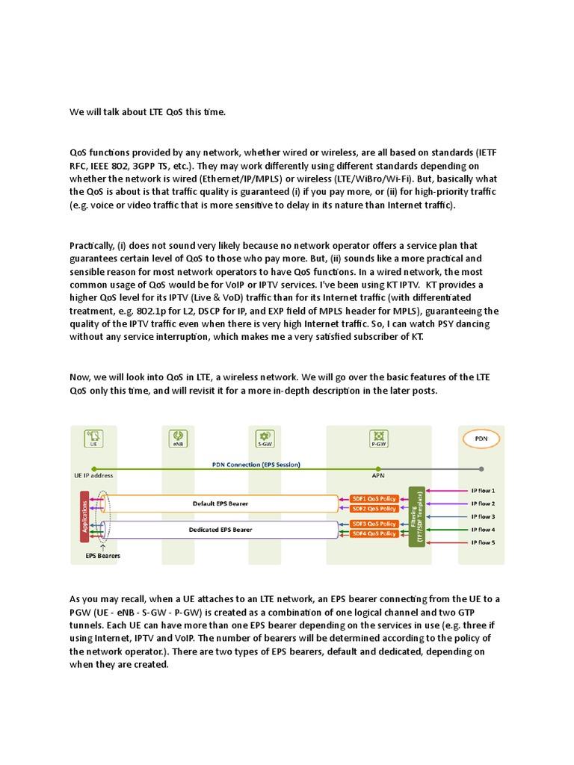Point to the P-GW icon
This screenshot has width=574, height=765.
(x=378, y=436)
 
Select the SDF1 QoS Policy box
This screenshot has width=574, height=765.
(x=374, y=498)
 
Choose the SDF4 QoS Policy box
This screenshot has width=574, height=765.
(x=374, y=533)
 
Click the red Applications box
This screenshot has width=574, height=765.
(x=84, y=515)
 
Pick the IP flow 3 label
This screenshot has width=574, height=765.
(x=482, y=516)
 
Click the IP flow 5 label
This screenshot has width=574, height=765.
(x=482, y=542)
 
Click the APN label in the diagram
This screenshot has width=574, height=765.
(x=378, y=475)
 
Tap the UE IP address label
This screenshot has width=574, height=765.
(x=93, y=475)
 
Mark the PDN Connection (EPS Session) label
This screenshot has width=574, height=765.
(x=256, y=463)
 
